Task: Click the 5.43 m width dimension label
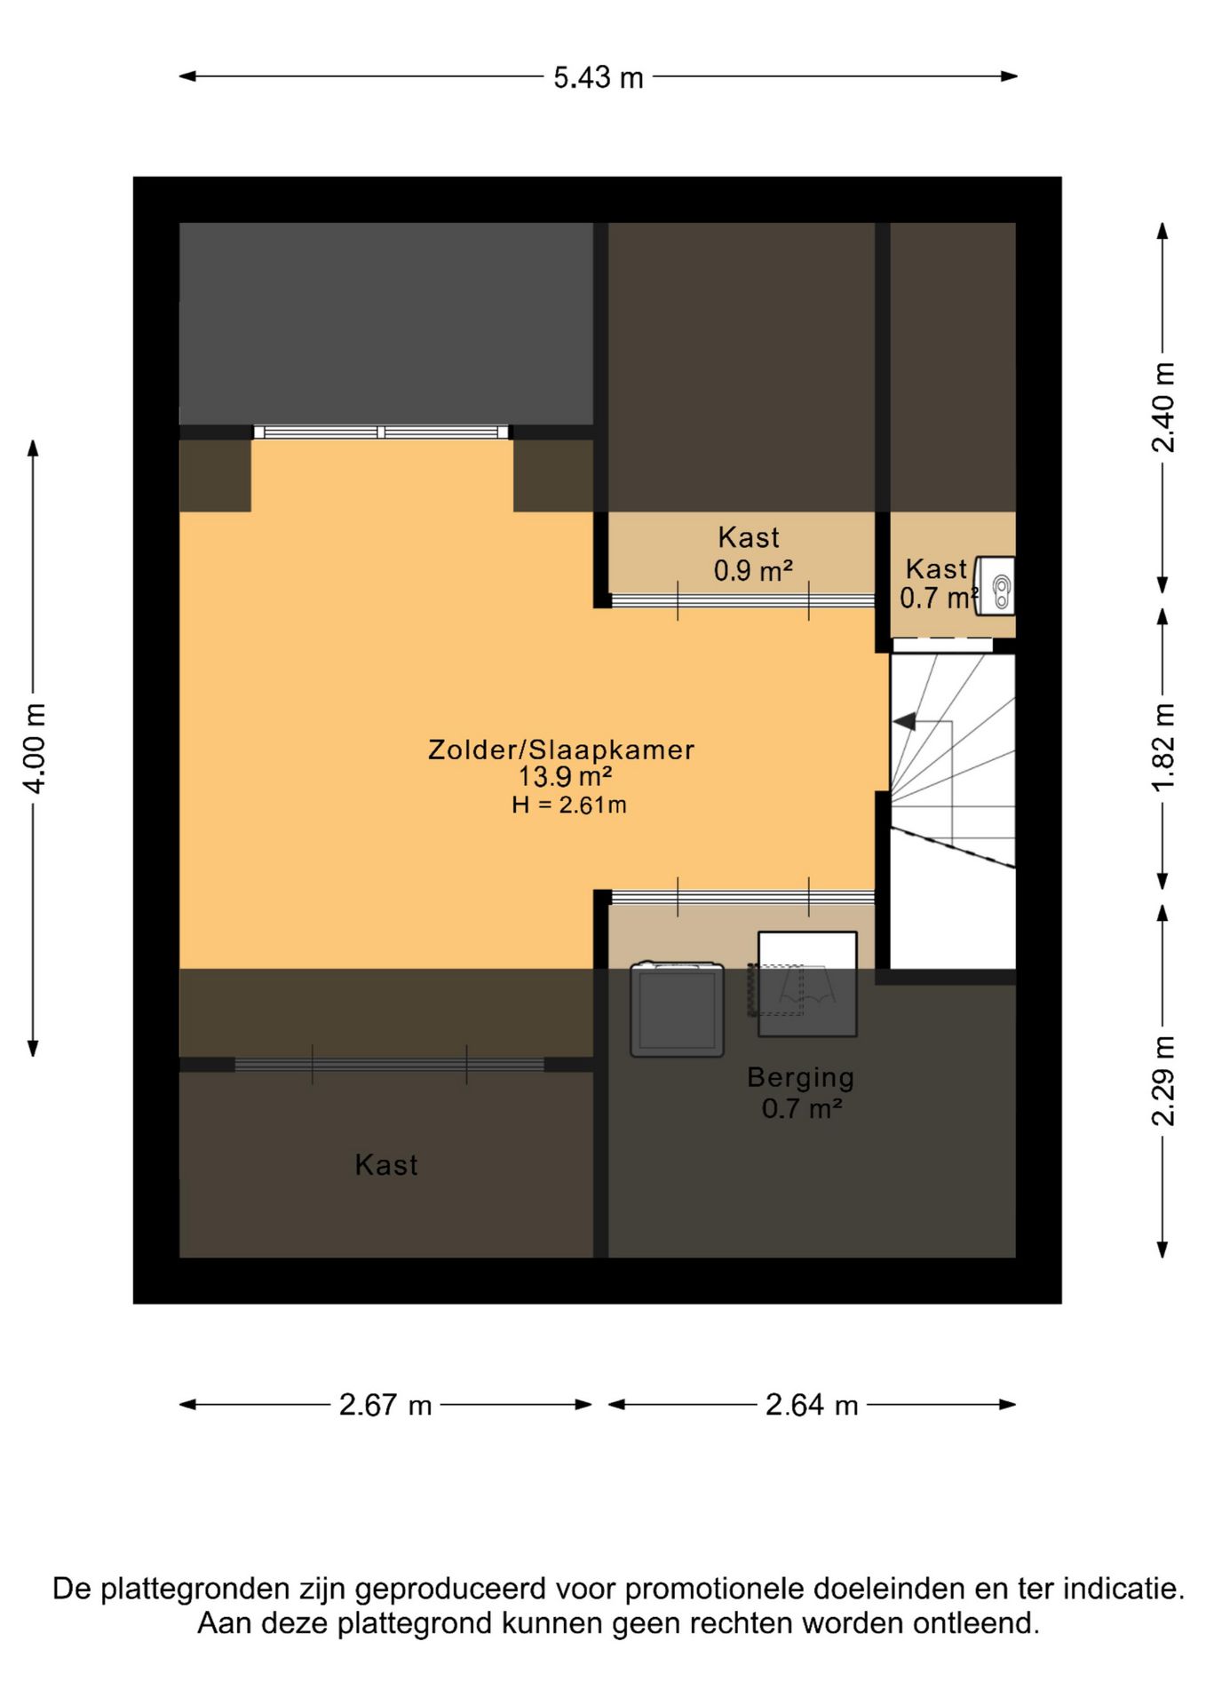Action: coord(599,77)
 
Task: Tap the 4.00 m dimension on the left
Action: coord(35,748)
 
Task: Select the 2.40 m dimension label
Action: coord(1162,408)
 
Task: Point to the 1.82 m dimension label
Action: coord(1162,747)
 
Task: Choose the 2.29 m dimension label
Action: coord(1162,1081)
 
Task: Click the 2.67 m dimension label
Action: coord(385,1405)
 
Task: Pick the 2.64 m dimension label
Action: coord(812,1405)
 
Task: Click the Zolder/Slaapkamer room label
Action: coord(561,749)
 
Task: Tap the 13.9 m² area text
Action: coord(565,777)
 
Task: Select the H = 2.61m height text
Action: coord(569,805)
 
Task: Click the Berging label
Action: coord(800,1077)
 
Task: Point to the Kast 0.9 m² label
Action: coord(751,553)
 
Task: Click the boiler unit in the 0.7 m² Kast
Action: coord(996,585)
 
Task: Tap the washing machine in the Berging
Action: coord(677,1009)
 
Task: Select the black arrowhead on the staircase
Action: coord(904,722)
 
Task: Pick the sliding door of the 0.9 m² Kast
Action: coord(743,600)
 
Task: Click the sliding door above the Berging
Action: coord(743,897)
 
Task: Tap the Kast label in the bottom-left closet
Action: coord(386,1165)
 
